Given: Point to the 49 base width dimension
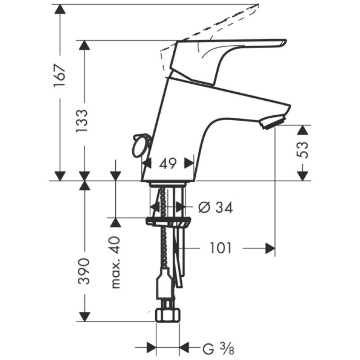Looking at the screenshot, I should [167, 164].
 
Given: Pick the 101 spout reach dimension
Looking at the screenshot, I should [220, 248].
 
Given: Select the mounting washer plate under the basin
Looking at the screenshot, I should [167, 221].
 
